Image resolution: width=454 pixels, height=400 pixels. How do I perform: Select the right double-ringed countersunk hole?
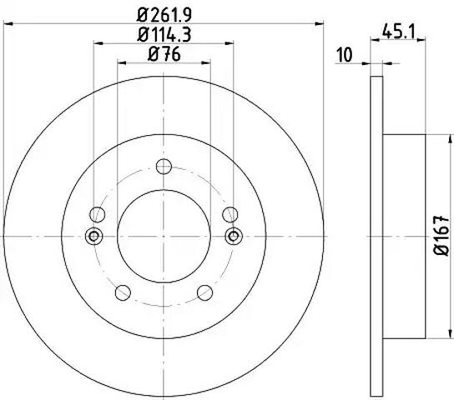pos(234,236)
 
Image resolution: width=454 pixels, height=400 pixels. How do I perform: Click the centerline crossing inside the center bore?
pos(164,236)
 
